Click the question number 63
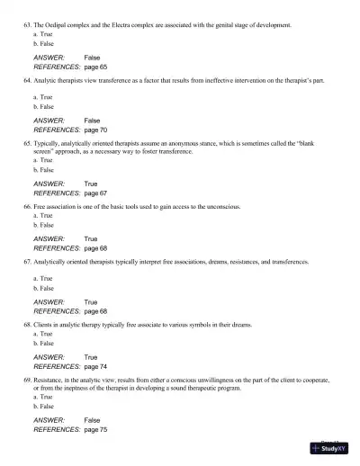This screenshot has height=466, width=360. click(27, 27)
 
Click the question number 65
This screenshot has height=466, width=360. click(27, 143)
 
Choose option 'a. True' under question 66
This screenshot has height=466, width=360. click(40, 215)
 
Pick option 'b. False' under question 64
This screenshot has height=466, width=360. click(40, 106)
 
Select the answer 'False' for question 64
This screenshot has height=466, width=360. click(92, 121)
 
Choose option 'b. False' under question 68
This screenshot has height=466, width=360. click(40, 343)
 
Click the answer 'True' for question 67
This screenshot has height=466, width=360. click(91, 302)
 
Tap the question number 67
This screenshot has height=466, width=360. click(27, 261)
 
